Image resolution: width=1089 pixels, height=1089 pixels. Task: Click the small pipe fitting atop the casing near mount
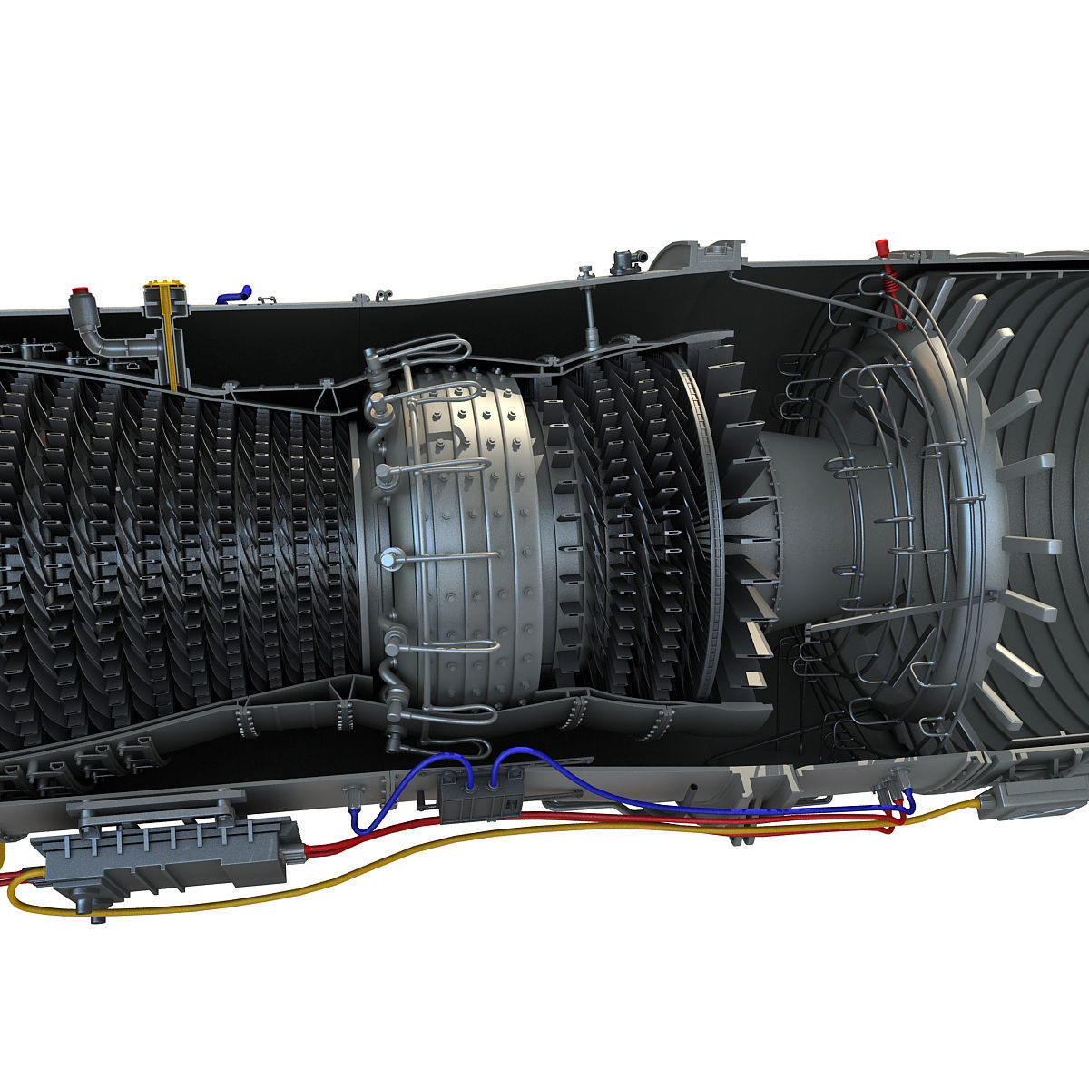[x=622, y=261]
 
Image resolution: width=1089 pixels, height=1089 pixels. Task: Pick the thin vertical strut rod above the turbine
[x=591, y=313]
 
